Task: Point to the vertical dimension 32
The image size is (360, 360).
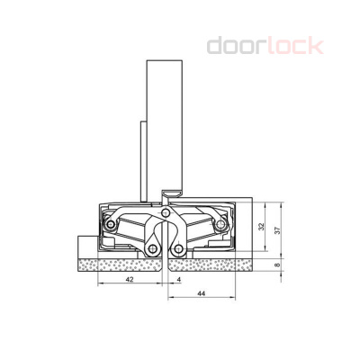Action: coord(262,228)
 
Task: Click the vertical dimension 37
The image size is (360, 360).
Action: coord(279,229)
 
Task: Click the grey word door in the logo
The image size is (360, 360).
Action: coord(236,45)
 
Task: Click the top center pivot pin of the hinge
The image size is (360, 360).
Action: coord(164,214)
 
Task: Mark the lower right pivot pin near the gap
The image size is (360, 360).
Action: coord(178,248)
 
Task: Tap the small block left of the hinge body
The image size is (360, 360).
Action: coord(84,245)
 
